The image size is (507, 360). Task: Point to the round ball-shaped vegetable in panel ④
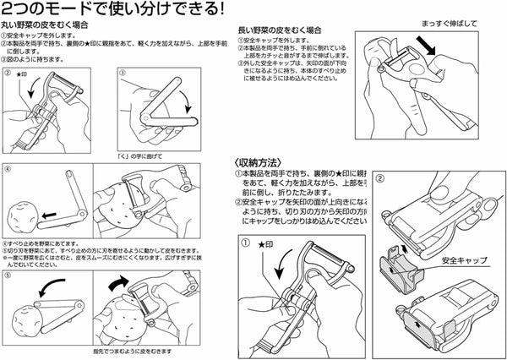(x=20, y=218)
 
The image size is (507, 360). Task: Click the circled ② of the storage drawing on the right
(x=379, y=179)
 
